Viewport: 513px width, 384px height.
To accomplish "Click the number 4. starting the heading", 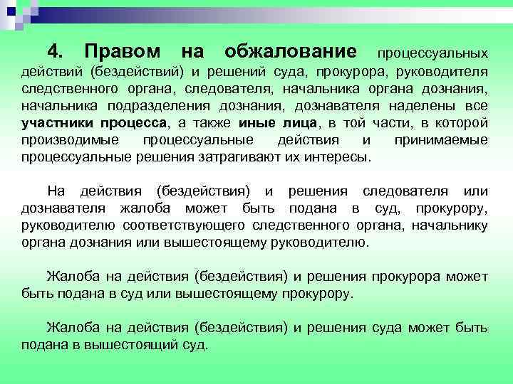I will click(x=56, y=52).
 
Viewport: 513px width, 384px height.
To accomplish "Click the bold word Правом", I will click(x=118, y=52).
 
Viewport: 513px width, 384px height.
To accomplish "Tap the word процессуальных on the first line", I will click(x=432, y=53).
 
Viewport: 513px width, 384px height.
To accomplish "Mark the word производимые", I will click(x=61, y=140).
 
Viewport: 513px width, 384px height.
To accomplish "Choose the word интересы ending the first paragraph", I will click(x=337, y=157).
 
